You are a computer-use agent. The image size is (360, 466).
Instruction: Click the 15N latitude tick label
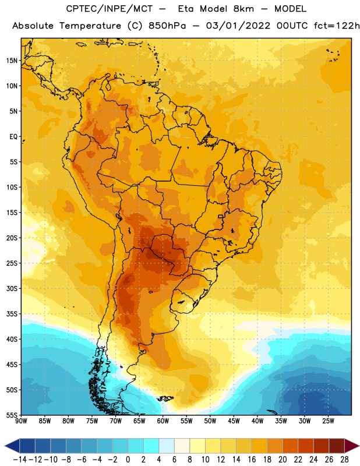click(x=12, y=61)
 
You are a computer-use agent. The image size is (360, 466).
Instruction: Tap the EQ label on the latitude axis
click(x=13, y=137)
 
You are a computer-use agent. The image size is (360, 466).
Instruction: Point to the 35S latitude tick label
click(x=12, y=314)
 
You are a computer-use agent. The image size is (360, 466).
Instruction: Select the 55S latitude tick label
click(x=12, y=415)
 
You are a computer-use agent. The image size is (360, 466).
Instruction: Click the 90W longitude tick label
click(x=21, y=421)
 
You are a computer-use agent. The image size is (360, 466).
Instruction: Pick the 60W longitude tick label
click(x=163, y=421)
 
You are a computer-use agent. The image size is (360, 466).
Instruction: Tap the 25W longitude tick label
click(x=328, y=421)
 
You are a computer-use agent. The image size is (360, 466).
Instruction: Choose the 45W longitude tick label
click(x=234, y=421)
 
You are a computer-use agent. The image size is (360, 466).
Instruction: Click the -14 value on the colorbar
click(x=20, y=460)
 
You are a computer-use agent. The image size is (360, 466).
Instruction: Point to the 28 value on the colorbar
click(x=344, y=460)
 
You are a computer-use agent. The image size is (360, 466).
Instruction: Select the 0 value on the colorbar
click(x=128, y=460)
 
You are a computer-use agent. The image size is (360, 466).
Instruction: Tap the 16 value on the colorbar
click(x=252, y=460)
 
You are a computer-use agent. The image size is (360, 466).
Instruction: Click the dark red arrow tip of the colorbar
click(x=358, y=446)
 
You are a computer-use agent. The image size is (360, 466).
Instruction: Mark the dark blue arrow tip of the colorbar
click(x=5, y=446)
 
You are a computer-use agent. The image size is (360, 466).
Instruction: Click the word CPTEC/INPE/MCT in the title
click(x=110, y=9)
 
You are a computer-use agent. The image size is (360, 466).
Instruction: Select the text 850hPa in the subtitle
click(x=167, y=26)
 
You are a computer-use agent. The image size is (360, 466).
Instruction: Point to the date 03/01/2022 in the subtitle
click(x=238, y=26)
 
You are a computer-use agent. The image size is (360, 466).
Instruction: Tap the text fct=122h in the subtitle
click(x=337, y=26)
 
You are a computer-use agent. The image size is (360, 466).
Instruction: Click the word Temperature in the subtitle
click(x=90, y=26)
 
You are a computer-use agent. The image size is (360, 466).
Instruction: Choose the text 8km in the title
click(x=243, y=9)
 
